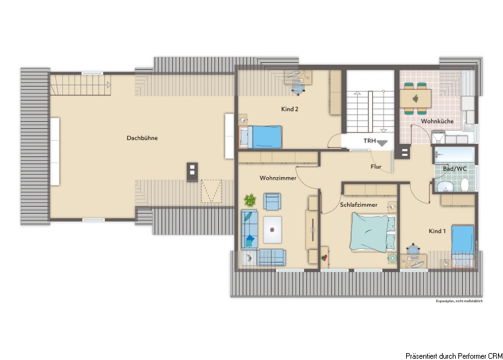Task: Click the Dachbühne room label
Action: coord(142,138)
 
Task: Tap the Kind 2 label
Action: coord(290,109)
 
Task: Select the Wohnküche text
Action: coord(437,121)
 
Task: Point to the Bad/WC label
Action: coord(455,168)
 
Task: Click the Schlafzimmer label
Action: coord(358,205)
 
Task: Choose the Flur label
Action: coord(376,166)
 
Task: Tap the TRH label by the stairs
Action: coord(370,141)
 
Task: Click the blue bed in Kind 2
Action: coord(261,137)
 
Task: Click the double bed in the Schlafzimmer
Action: coord(373,232)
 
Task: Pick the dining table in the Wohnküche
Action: coord(415,99)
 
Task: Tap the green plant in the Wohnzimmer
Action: coord(250,200)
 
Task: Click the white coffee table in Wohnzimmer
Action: coord(272,230)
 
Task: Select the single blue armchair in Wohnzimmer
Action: coord(272,201)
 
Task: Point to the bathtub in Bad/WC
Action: coord(454,155)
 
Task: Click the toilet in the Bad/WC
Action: coord(465,185)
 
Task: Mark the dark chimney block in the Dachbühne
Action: coord(192,172)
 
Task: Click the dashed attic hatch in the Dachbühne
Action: coord(211,191)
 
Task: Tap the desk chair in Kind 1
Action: coord(413,249)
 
